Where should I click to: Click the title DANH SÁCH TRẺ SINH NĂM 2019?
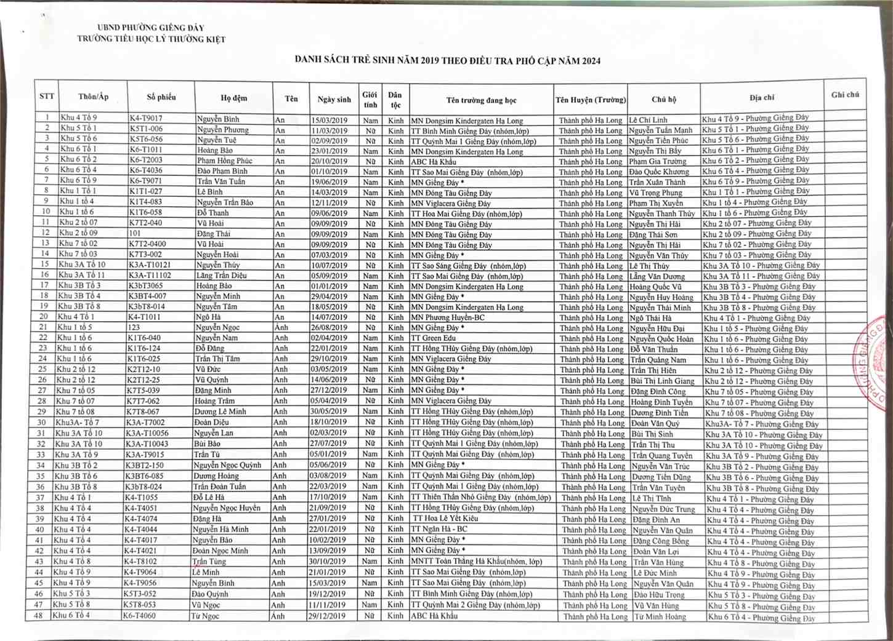[448, 60]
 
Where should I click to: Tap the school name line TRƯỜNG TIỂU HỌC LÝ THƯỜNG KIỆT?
[152, 39]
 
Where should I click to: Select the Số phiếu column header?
[161, 97]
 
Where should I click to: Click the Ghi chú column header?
[845, 95]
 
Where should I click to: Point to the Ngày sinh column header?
[334, 99]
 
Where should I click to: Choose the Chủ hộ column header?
[664, 98]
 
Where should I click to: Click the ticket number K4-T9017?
[146, 118]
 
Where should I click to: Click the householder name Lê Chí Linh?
[648, 120]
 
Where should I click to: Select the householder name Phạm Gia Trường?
[658, 161]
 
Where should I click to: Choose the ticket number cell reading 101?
[135, 234]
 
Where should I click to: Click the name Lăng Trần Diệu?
[222, 276]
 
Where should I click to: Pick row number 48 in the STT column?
[39, 615]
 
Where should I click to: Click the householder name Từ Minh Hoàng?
[660, 616]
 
